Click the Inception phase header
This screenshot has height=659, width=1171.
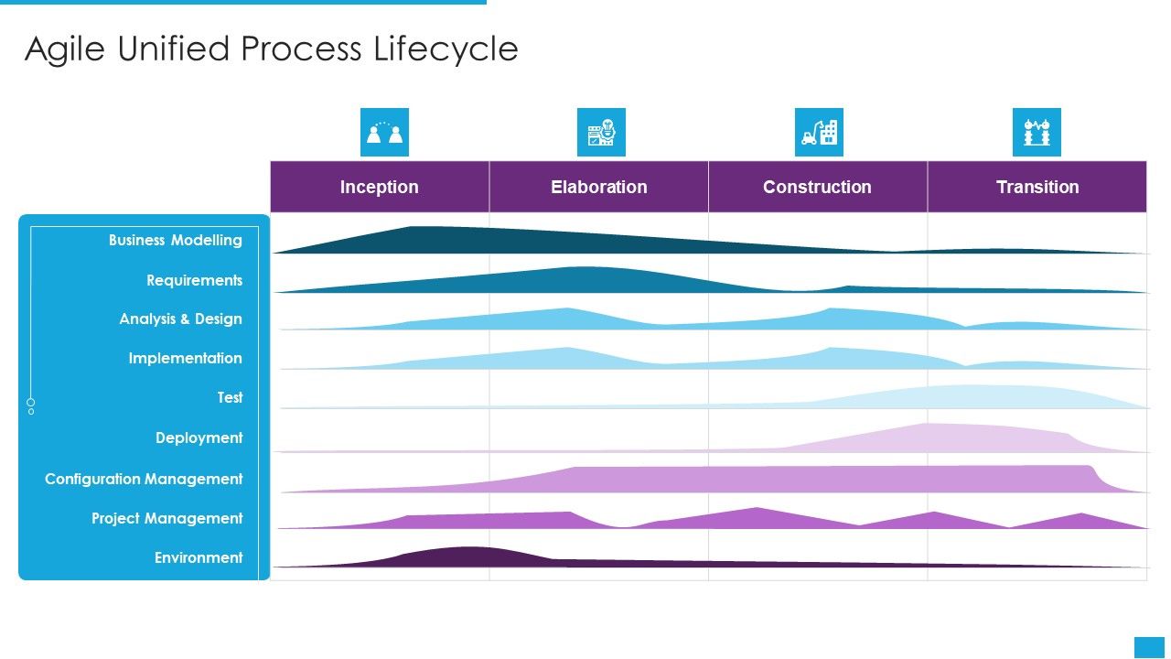[x=379, y=187]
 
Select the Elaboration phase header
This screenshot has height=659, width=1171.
[x=598, y=187]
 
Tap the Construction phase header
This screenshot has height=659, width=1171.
[x=817, y=187]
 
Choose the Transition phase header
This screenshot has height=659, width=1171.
[x=1037, y=187]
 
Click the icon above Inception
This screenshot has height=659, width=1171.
[x=384, y=133]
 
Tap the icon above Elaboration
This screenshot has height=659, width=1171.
[x=601, y=133]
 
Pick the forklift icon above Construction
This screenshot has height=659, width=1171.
[x=819, y=133]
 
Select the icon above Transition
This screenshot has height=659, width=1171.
[x=1037, y=133]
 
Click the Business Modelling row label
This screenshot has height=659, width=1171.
[x=175, y=241]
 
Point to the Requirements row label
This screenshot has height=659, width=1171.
[x=194, y=280]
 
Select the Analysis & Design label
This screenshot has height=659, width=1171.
[x=180, y=319]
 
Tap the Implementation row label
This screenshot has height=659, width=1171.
[x=185, y=359]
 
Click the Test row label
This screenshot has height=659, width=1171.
[x=230, y=398]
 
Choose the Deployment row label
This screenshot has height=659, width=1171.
[x=199, y=438]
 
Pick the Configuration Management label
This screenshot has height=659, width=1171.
[x=144, y=479]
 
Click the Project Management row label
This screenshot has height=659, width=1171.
[x=167, y=518]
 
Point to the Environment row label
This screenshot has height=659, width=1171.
[x=199, y=557]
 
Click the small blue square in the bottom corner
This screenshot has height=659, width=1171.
[x=1149, y=647]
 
